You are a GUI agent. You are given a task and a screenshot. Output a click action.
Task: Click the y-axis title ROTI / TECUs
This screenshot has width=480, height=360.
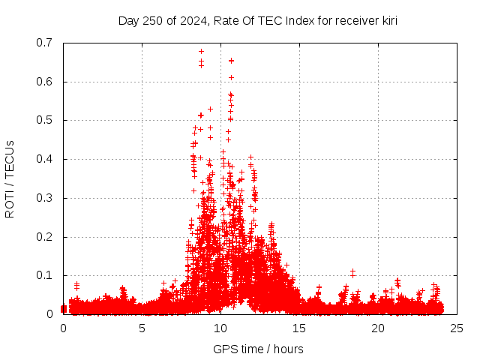(10, 178)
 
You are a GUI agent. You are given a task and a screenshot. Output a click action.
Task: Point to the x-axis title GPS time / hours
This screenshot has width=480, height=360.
(258, 349)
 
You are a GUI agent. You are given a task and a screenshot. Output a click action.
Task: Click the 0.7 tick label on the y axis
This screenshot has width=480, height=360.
(45, 43)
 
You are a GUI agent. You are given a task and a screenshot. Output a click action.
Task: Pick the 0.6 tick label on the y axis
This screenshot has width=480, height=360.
(45, 82)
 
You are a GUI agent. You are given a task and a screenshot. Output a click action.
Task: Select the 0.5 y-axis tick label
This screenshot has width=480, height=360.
(45, 120)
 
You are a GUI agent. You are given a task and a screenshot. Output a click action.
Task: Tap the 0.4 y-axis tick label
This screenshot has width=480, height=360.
(45, 159)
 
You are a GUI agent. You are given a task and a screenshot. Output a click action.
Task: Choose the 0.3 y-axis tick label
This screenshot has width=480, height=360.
(45, 198)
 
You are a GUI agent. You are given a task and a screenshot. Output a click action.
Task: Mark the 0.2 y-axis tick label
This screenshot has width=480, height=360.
(45, 237)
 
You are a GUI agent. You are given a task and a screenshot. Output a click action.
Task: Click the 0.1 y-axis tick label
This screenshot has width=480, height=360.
(45, 276)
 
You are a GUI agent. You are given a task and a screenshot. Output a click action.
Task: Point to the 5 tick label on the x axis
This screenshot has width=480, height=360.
(142, 328)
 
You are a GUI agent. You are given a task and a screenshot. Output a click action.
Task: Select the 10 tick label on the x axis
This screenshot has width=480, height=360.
(220, 328)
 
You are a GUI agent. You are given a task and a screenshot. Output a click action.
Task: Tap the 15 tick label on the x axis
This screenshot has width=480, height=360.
(299, 328)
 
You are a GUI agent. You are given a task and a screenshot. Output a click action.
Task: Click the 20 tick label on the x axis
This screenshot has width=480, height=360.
(378, 328)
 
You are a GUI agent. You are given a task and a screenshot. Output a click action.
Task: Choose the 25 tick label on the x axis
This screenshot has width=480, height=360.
(457, 328)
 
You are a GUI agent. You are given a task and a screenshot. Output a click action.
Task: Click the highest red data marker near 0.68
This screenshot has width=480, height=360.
(201, 52)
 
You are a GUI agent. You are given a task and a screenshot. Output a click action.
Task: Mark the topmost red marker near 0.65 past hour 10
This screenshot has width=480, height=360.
(231, 61)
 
